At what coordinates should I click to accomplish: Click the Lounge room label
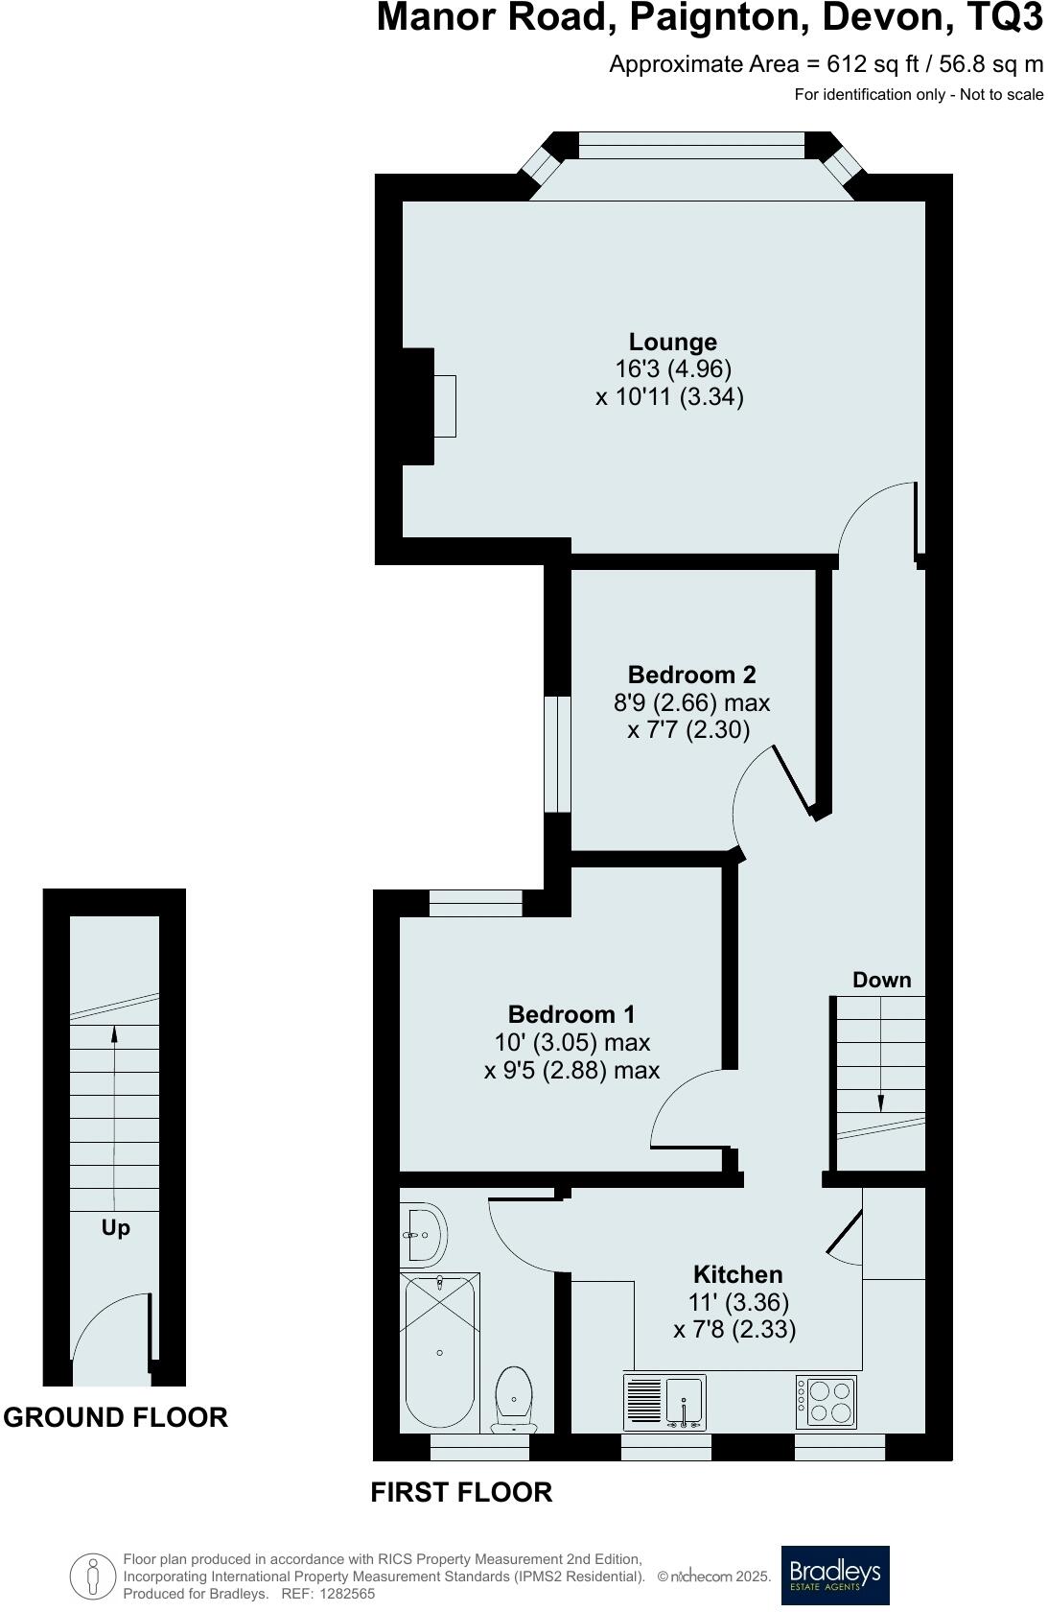click(x=672, y=342)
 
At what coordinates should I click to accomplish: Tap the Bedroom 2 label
click(x=691, y=675)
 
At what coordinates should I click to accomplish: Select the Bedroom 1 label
click(x=571, y=1014)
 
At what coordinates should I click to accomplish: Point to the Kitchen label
click(x=737, y=1274)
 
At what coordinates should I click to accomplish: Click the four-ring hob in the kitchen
click(x=826, y=1401)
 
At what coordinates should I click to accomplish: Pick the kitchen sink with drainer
click(x=665, y=1402)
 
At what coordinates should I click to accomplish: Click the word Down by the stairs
click(x=881, y=980)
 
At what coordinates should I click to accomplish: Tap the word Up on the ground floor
click(x=116, y=1228)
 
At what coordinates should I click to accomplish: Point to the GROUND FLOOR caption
click(x=116, y=1417)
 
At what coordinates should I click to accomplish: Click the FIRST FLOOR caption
click(x=461, y=1492)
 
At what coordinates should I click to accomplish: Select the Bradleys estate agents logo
click(x=834, y=1576)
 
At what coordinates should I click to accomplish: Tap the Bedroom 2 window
click(x=557, y=754)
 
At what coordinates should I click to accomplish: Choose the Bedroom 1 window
click(x=476, y=903)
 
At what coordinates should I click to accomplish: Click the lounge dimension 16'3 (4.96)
click(x=672, y=368)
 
